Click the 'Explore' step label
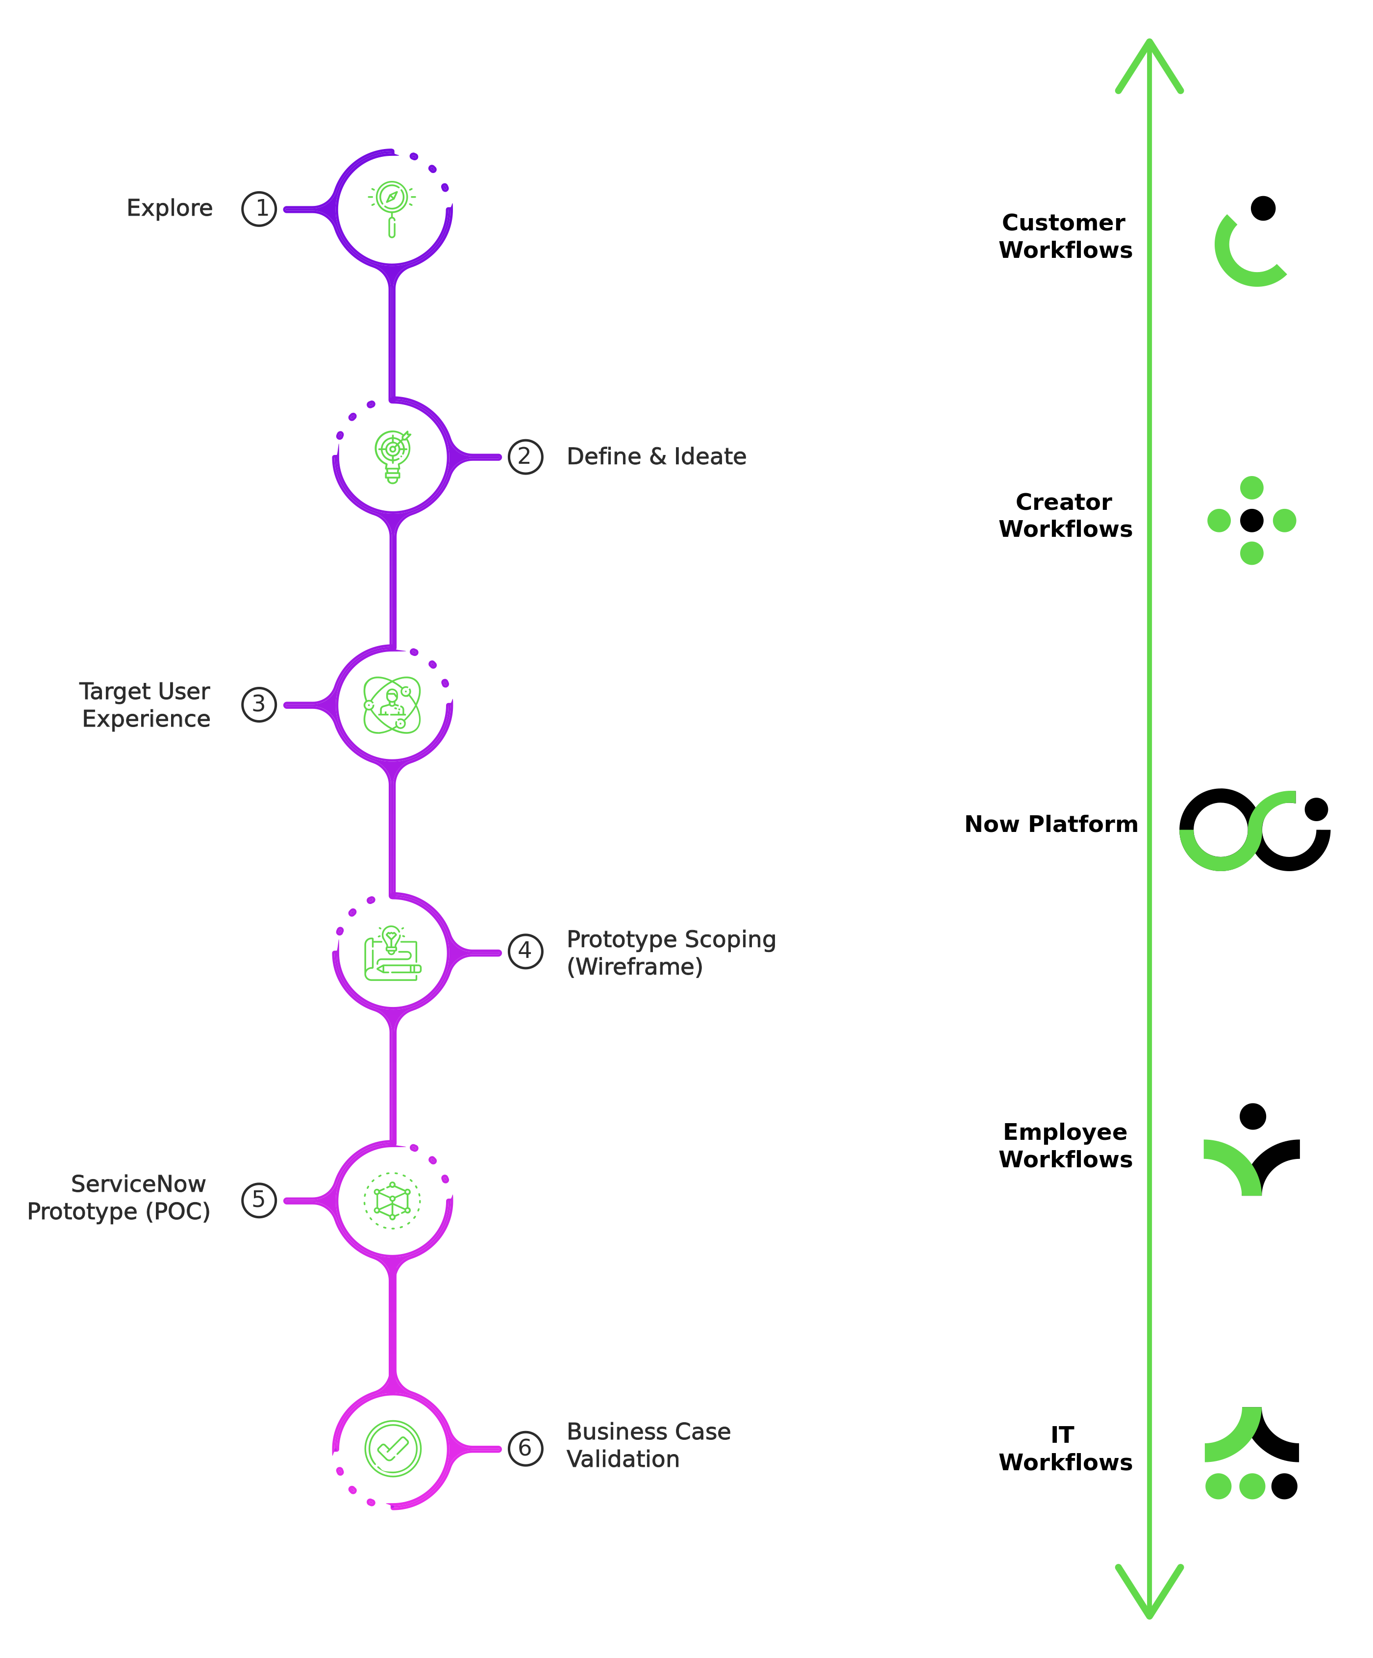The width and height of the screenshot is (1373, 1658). click(169, 208)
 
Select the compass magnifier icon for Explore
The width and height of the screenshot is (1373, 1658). click(392, 208)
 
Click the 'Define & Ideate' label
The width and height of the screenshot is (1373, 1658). click(656, 457)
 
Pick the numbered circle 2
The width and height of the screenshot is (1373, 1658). click(525, 457)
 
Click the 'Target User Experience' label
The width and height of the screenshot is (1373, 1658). click(145, 705)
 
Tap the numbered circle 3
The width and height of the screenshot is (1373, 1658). click(259, 704)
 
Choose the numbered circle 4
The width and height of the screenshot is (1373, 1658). click(525, 952)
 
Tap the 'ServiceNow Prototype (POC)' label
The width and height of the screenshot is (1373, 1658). click(119, 1198)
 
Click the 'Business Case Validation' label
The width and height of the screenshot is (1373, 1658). click(648, 1446)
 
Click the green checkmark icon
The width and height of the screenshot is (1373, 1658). click(393, 1449)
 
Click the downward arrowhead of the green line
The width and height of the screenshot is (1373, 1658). click(1149, 1591)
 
